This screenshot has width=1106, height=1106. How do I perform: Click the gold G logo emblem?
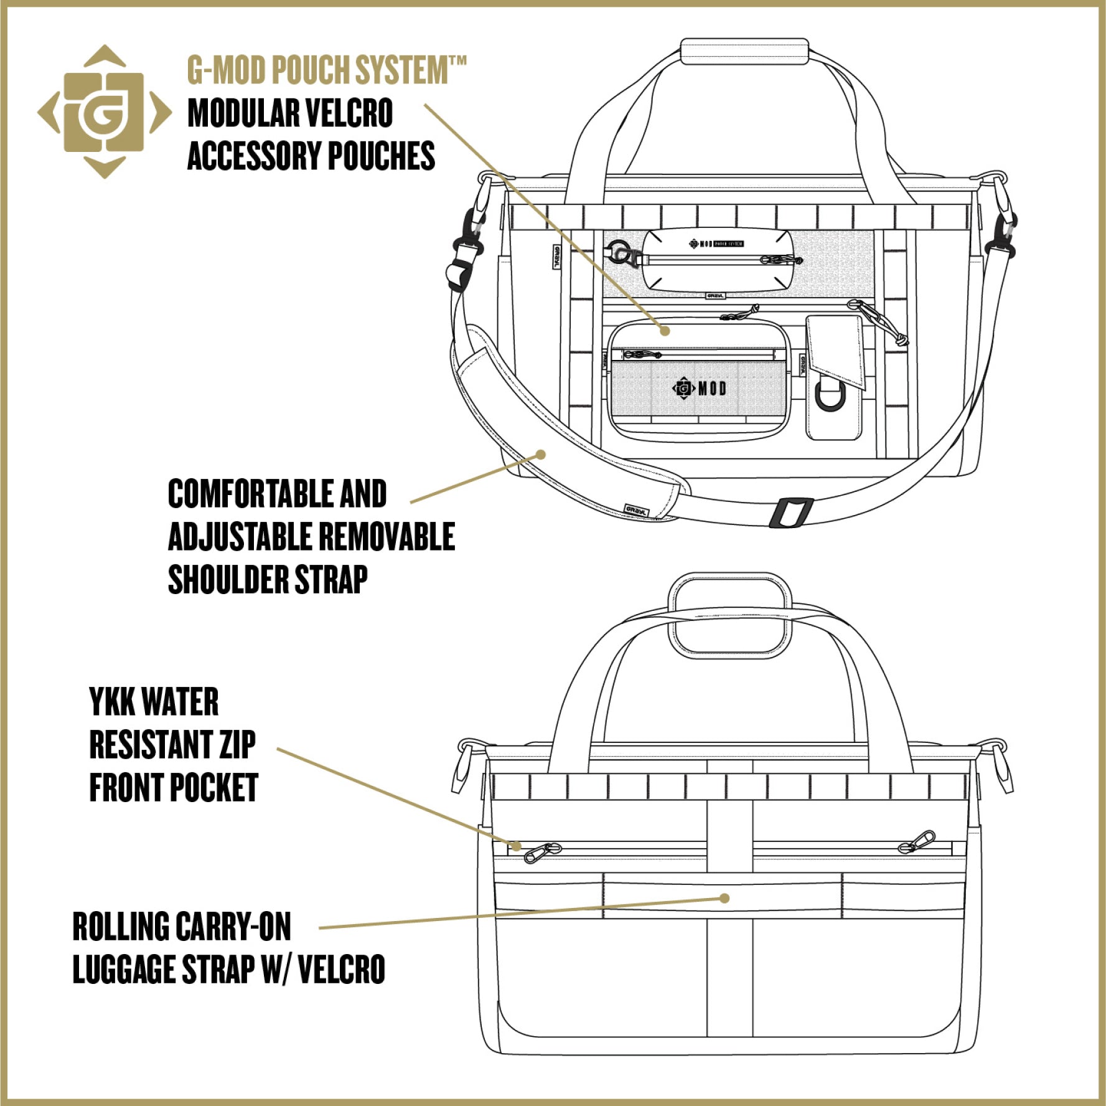coord(104,112)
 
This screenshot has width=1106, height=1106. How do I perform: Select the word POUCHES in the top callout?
coord(381,156)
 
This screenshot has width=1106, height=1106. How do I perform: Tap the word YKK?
coord(113,702)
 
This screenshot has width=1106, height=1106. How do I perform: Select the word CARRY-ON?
coord(234,927)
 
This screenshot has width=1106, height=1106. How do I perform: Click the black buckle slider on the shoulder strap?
coord(790,512)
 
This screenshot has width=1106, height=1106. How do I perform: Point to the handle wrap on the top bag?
coord(744,50)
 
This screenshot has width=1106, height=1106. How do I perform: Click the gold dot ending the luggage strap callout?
coord(724,898)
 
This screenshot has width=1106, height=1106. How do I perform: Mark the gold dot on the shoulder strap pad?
coord(541,455)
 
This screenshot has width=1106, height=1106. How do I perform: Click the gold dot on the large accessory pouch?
coord(665,330)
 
